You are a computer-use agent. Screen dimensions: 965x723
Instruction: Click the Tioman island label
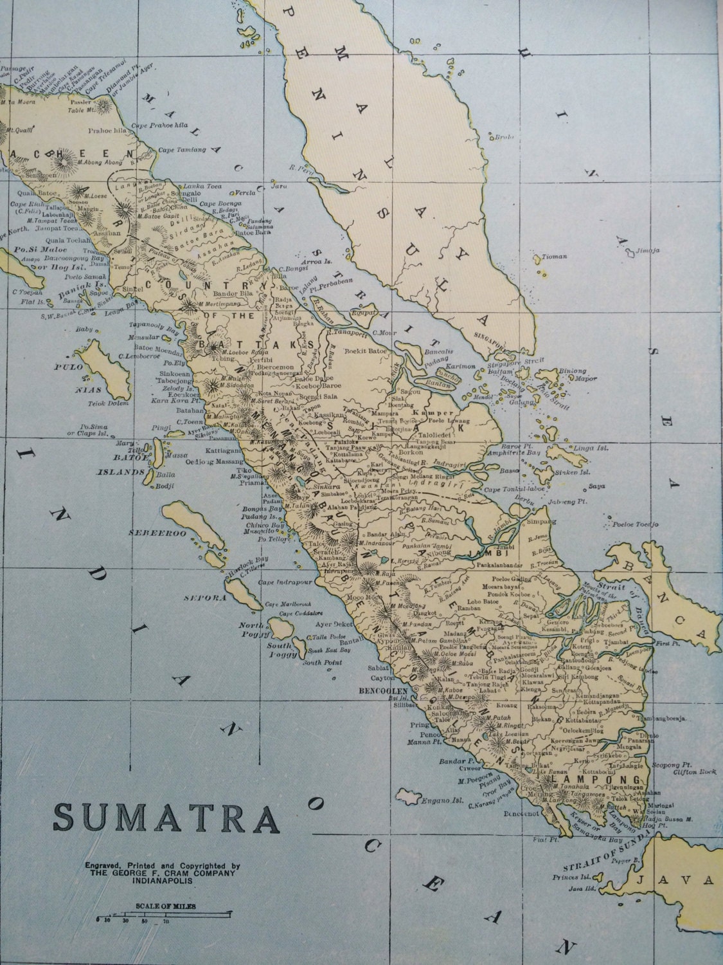coord(555,256)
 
